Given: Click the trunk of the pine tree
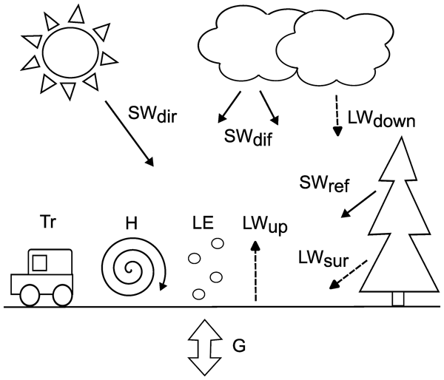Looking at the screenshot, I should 397,299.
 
